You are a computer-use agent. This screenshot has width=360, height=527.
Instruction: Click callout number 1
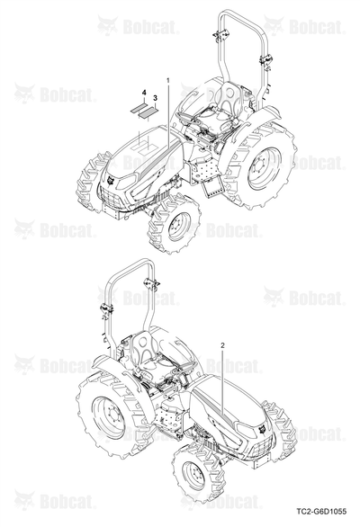(168, 80)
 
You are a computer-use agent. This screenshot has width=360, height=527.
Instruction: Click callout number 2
(222, 345)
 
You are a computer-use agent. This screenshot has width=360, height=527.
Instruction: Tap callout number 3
(155, 98)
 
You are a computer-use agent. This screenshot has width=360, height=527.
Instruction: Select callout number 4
(144, 92)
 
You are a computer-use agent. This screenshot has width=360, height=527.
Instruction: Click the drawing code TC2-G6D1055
(321, 512)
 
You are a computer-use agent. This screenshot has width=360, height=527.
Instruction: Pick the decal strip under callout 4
(139, 108)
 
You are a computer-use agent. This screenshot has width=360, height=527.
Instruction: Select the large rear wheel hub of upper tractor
(263, 168)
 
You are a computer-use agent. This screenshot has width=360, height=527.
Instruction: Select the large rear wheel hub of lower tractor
(108, 417)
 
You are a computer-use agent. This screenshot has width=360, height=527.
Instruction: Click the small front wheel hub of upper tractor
(176, 227)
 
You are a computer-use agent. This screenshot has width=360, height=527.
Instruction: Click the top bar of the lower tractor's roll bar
(132, 261)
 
